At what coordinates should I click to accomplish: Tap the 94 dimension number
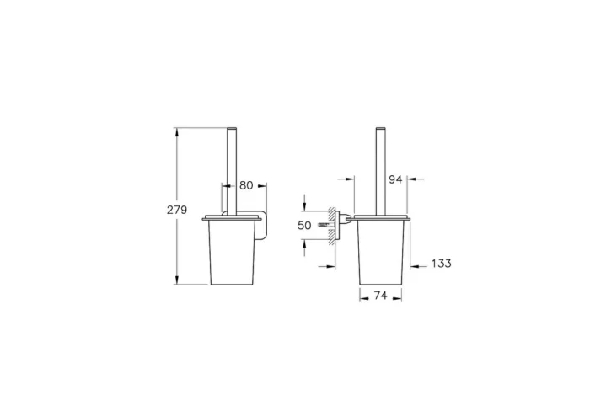395,179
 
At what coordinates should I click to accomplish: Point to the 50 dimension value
304,226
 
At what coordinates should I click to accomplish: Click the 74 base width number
380,296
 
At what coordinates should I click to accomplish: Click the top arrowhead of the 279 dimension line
176,131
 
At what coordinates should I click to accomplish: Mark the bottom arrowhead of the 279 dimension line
176,280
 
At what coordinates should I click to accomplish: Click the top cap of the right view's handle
380,129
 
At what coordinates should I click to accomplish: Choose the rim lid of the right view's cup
381,218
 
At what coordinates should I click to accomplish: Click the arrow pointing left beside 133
416,264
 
